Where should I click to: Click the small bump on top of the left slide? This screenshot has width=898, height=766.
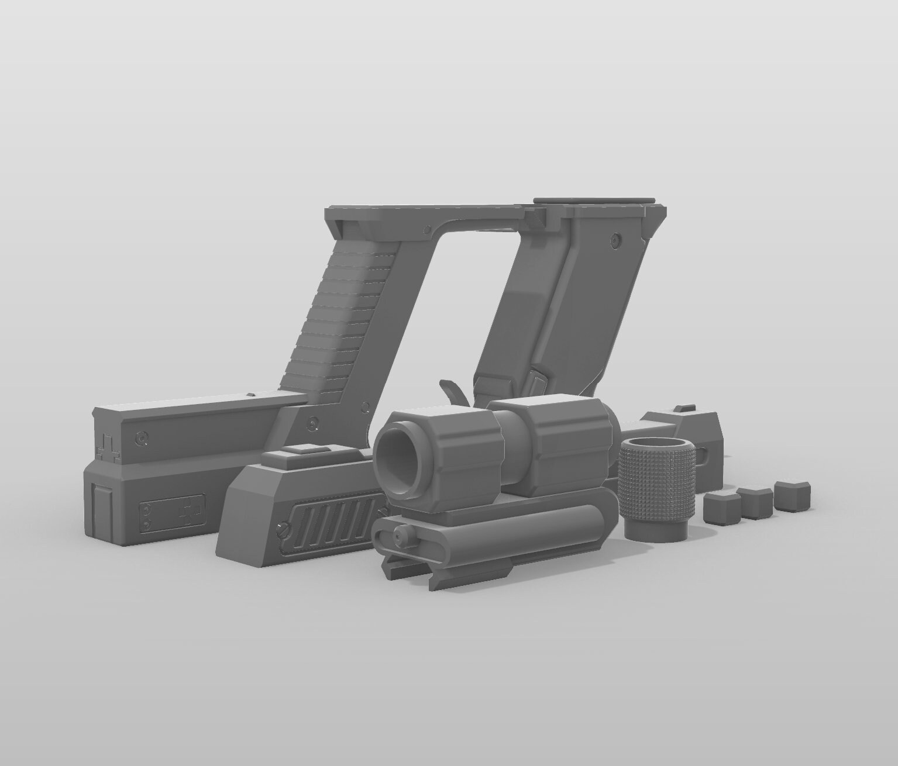(x=250, y=396)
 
